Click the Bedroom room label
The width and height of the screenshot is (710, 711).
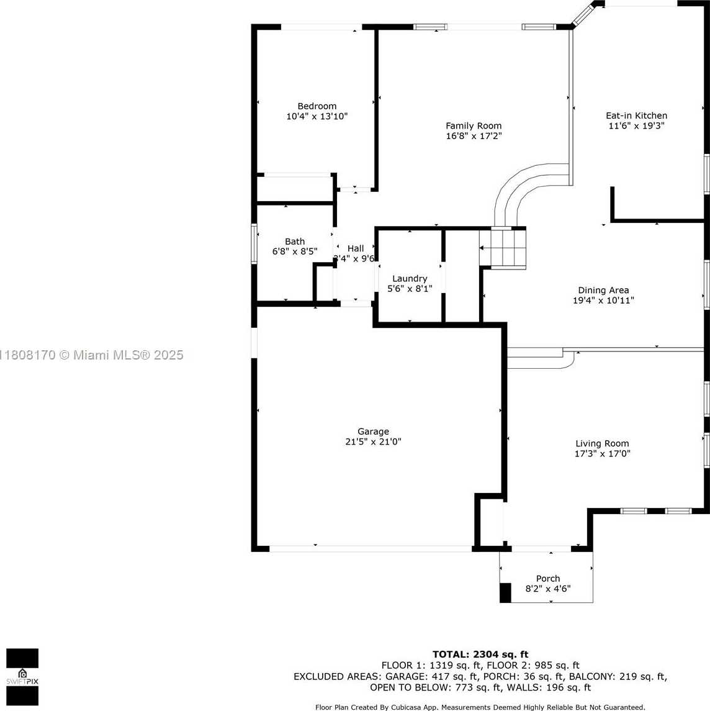[x=317, y=106]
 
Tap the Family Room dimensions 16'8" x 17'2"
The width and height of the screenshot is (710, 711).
[x=474, y=135]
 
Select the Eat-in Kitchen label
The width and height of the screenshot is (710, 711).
[x=636, y=115]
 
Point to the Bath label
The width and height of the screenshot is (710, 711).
[x=295, y=242]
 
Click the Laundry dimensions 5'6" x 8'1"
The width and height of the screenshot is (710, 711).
[x=410, y=288]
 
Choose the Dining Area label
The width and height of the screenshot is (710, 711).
[x=603, y=290]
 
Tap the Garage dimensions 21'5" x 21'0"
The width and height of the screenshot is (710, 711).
[x=373, y=442]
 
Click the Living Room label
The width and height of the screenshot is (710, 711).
[x=602, y=443]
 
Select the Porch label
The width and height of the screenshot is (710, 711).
[x=548, y=579]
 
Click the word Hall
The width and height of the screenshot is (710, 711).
[x=355, y=248]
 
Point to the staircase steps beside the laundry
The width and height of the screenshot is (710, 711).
[x=503, y=248]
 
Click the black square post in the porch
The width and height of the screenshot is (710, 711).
[x=505, y=593]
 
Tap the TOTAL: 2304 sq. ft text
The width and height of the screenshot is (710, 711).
[x=480, y=654]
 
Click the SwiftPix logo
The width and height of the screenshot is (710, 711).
[x=22, y=676]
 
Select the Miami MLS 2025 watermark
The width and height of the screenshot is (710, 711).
[x=91, y=355]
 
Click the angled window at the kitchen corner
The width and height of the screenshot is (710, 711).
[x=582, y=16]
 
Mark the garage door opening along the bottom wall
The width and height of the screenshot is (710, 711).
[x=371, y=549]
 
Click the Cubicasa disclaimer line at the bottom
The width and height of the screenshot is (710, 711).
[x=480, y=707]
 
